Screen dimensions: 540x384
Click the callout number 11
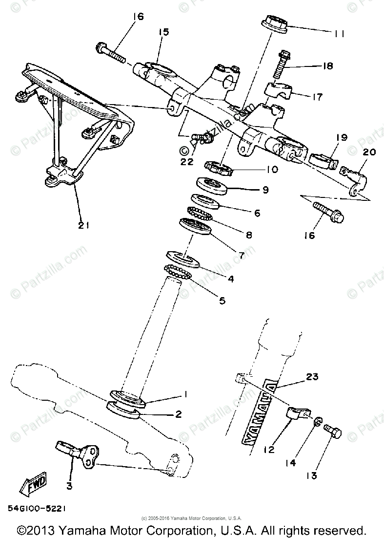tap(340, 33)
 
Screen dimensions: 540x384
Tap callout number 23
tap(312, 377)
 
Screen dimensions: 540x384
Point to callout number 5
tap(222, 300)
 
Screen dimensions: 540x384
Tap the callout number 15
tap(163, 32)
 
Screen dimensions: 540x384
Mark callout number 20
tap(369, 152)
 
